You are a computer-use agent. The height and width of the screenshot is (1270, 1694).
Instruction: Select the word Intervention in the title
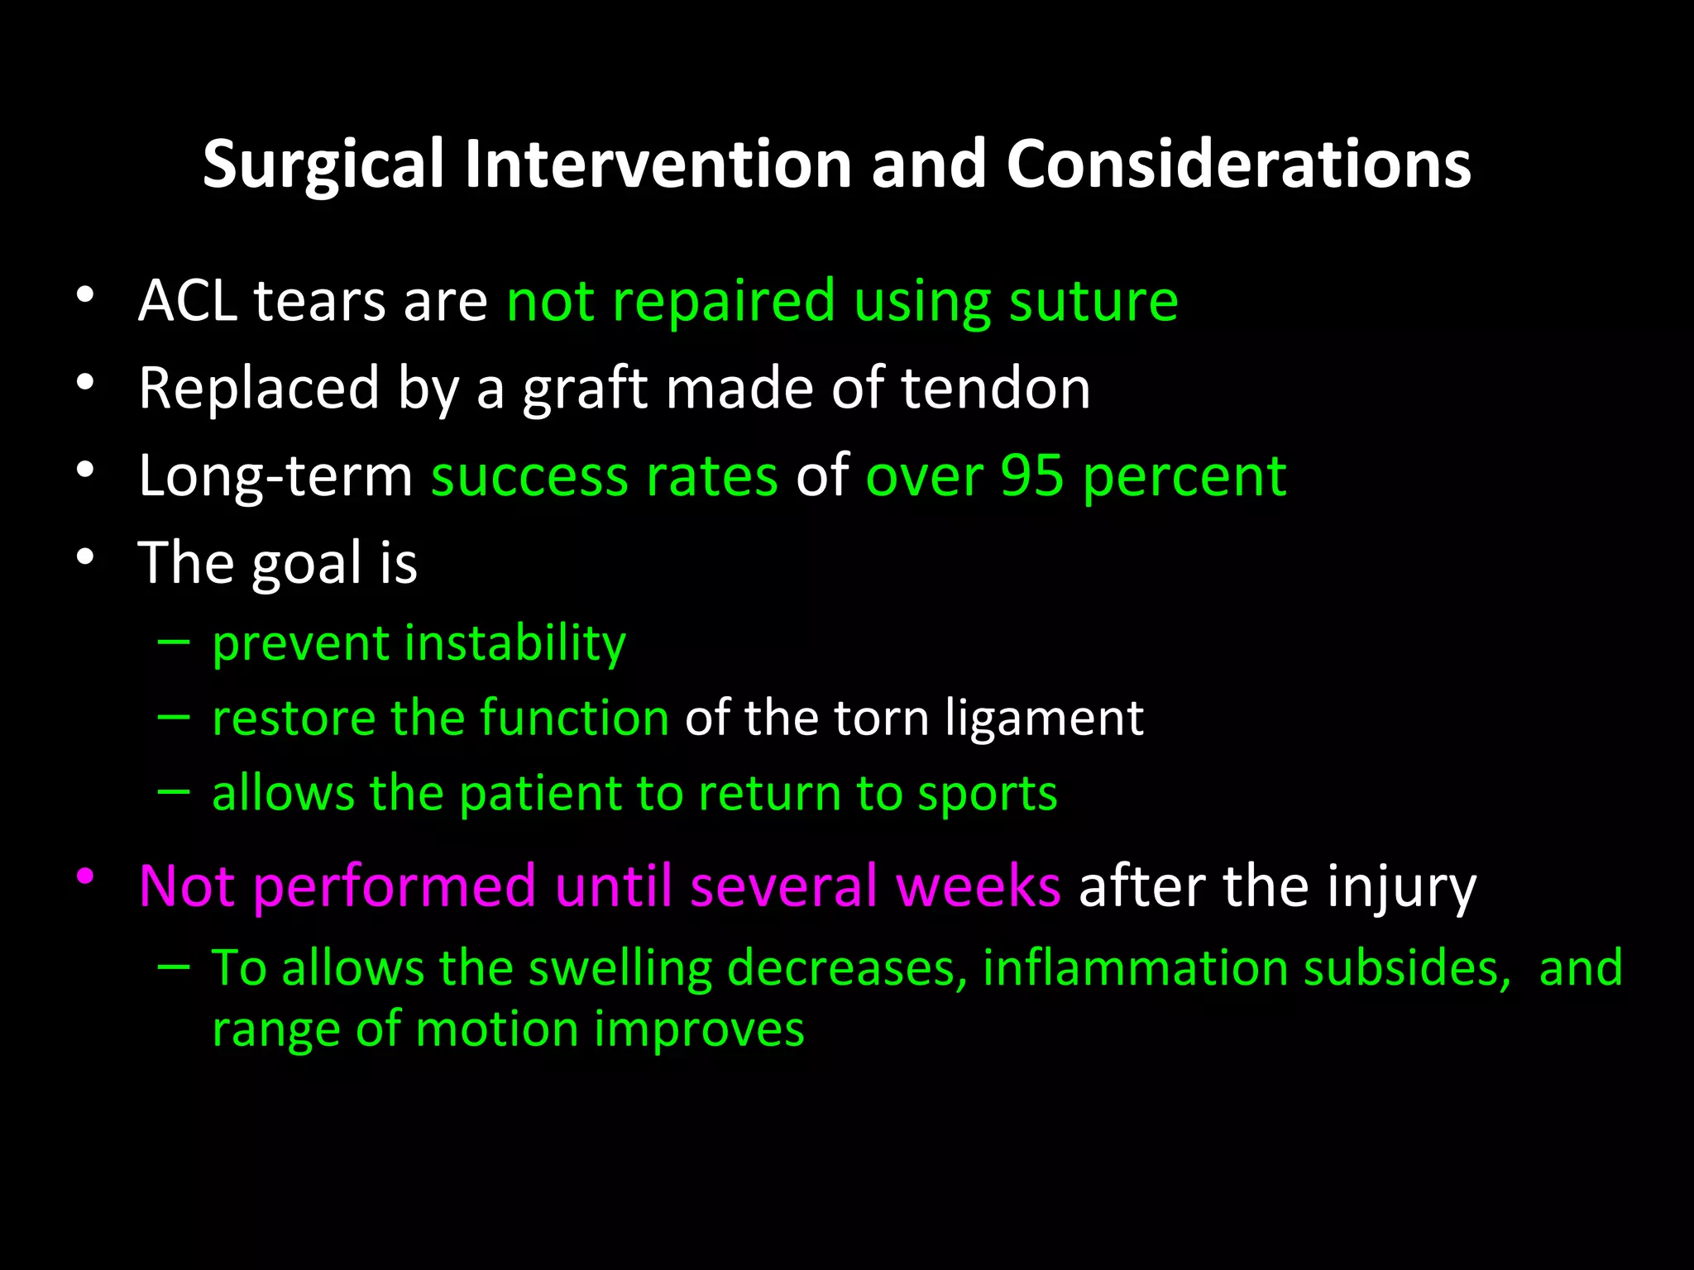[x=658, y=164]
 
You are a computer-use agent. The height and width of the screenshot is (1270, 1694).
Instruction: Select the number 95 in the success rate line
[x=1031, y=475]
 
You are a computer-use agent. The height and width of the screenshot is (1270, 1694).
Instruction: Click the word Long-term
[x=275, y=477]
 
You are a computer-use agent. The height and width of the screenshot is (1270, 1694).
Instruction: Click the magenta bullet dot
[x=85, y=876]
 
